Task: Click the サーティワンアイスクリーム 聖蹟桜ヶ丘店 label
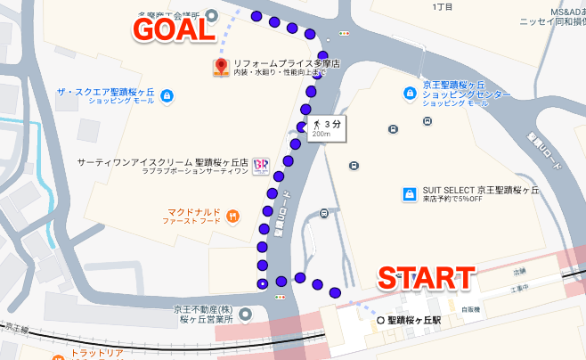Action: point(163,163)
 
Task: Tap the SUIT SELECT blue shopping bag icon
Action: point(409,192)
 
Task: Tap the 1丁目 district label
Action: point(442,7)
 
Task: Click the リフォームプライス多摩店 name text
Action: point(277,63)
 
